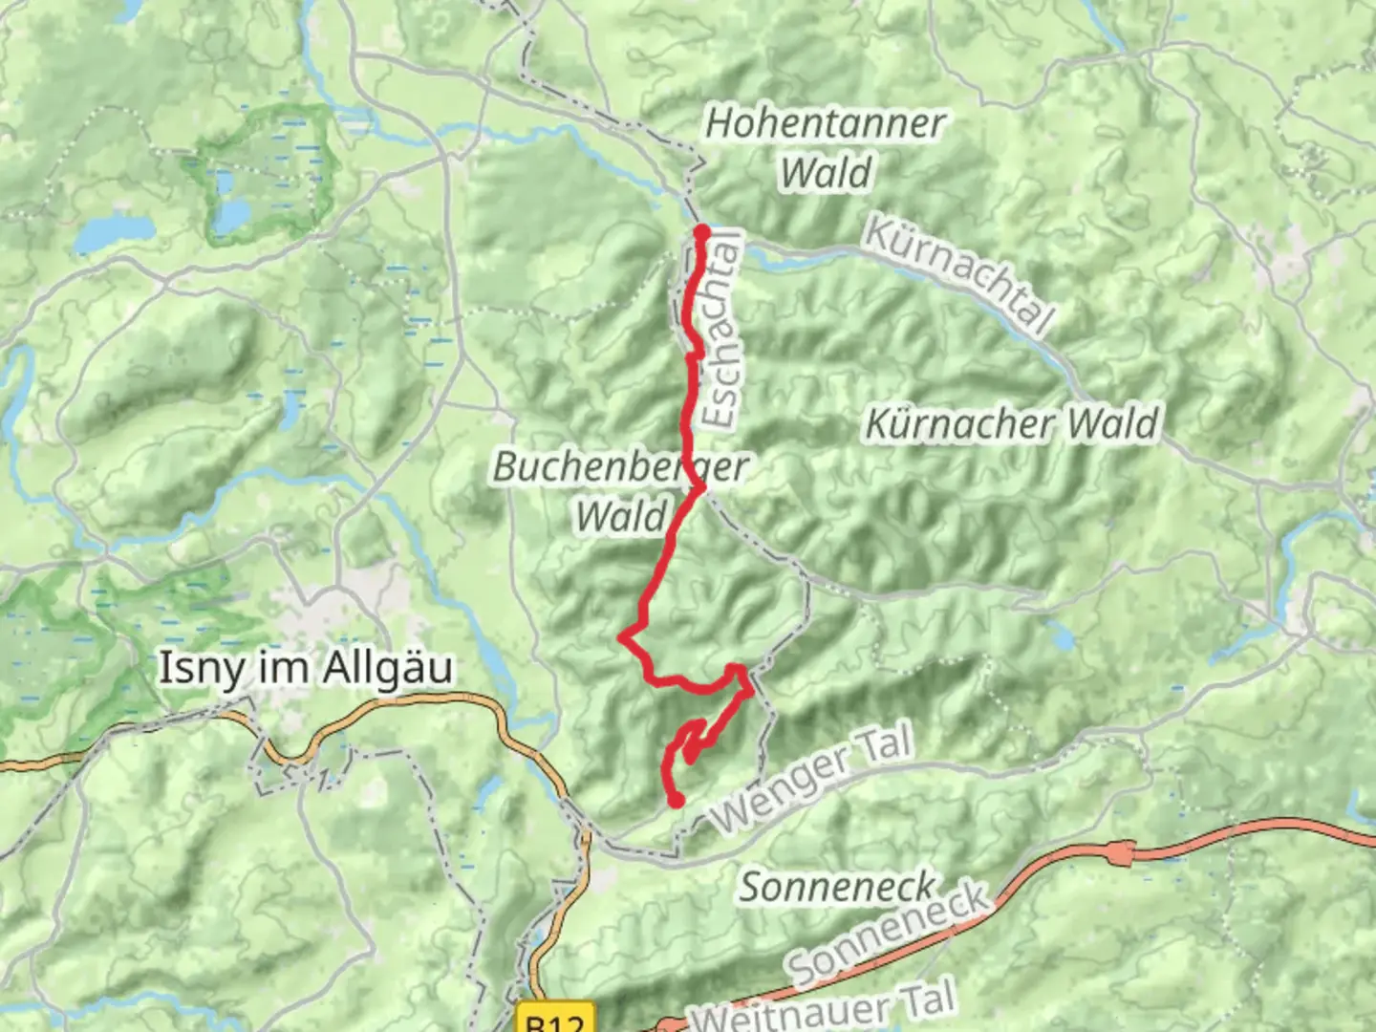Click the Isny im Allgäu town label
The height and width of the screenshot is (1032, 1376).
[304, 668]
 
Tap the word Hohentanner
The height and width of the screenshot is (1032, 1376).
[825, 123]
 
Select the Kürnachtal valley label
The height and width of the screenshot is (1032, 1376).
[958, 274]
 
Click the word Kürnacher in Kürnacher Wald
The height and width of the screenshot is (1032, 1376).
[957, 424]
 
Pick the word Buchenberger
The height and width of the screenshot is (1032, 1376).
[620, 467]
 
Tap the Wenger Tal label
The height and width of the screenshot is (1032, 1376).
[812, 779]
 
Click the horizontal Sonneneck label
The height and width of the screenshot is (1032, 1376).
[837, 887]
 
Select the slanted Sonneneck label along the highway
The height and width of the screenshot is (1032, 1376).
[889, 934]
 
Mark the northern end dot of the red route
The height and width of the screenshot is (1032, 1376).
[701, 232]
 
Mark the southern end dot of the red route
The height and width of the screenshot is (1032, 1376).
[677, 801]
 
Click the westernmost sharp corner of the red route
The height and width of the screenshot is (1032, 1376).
[622, 636]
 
